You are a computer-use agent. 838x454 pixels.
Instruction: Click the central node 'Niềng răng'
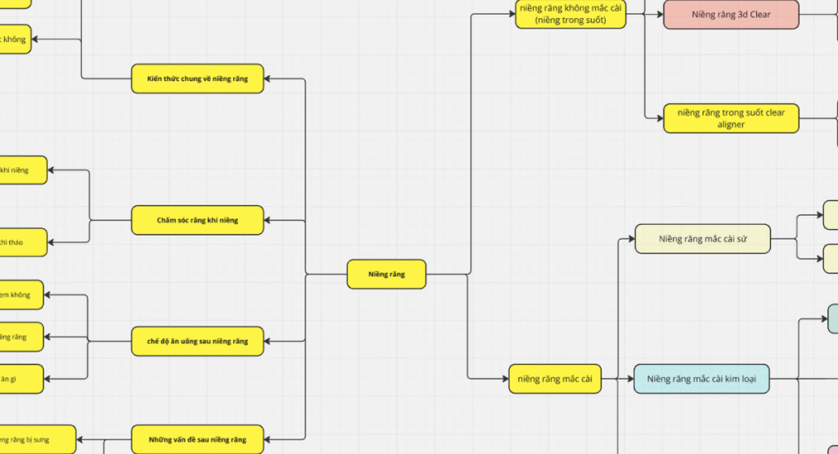pyautogui.click(x=387, y=274)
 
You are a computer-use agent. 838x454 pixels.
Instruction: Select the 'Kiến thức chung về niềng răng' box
pyautogui.click(x=197, y=79)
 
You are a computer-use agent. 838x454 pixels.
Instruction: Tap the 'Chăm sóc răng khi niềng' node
pyautogui.click(x=197, y=220)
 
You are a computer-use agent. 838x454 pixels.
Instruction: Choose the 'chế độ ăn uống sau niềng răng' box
pyautogui.click(x=197, y=341)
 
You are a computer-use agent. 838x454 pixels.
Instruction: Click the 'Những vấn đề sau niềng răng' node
pyautogui.click(x=197, y=439)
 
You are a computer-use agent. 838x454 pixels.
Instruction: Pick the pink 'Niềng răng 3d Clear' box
pyautogui.click(x=730, y=15)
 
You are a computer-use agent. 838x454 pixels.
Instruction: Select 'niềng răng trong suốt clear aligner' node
pyautogui.click(x=730, y=119)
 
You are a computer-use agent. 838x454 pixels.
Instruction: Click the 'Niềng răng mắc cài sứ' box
pyautogui.click(x=702, y=239)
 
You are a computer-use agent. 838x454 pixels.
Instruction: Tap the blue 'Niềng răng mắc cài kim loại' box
pyautogui.click(x=701, y=379)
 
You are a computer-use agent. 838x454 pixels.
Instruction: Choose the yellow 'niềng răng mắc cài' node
pyautogui.click(x=554, y=379)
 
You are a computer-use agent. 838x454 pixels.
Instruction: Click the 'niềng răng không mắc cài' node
pyautogui.click(x=570, y=14)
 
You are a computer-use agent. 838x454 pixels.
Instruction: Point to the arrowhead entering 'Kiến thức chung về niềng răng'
pyautogui.click(x=269, y=79)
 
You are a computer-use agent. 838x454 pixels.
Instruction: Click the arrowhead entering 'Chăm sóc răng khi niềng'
pyautogui.click(x=269, y=220)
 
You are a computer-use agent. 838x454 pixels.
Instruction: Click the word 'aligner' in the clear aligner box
pyautogui.click(x=731, y=125)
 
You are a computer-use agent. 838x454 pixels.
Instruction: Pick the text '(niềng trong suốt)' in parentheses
pyautogui.click(x=570, y=20)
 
